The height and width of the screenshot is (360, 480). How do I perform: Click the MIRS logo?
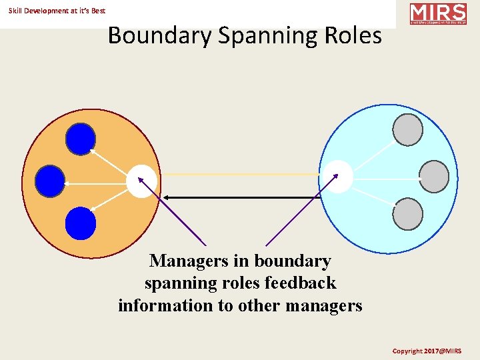pos(437,14)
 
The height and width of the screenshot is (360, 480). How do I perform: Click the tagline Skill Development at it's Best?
pos(57,11)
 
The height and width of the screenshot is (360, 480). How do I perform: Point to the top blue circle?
pos(81,139)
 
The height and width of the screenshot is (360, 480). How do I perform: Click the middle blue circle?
pos(50,181)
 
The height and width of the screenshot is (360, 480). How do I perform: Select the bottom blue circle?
pos(81,223)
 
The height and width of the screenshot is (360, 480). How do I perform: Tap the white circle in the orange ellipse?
pos(143,181)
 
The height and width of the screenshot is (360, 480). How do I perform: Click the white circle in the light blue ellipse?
pos(337,177)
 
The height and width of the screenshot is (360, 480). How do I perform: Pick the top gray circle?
pos(407,130)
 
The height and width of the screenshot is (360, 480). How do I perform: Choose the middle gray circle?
pos(434,177)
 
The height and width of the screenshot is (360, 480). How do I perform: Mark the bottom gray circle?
pos(407,215)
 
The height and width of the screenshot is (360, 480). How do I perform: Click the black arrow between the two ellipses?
pos(243,197)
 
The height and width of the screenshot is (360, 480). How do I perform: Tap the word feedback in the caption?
pos(300,283)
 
